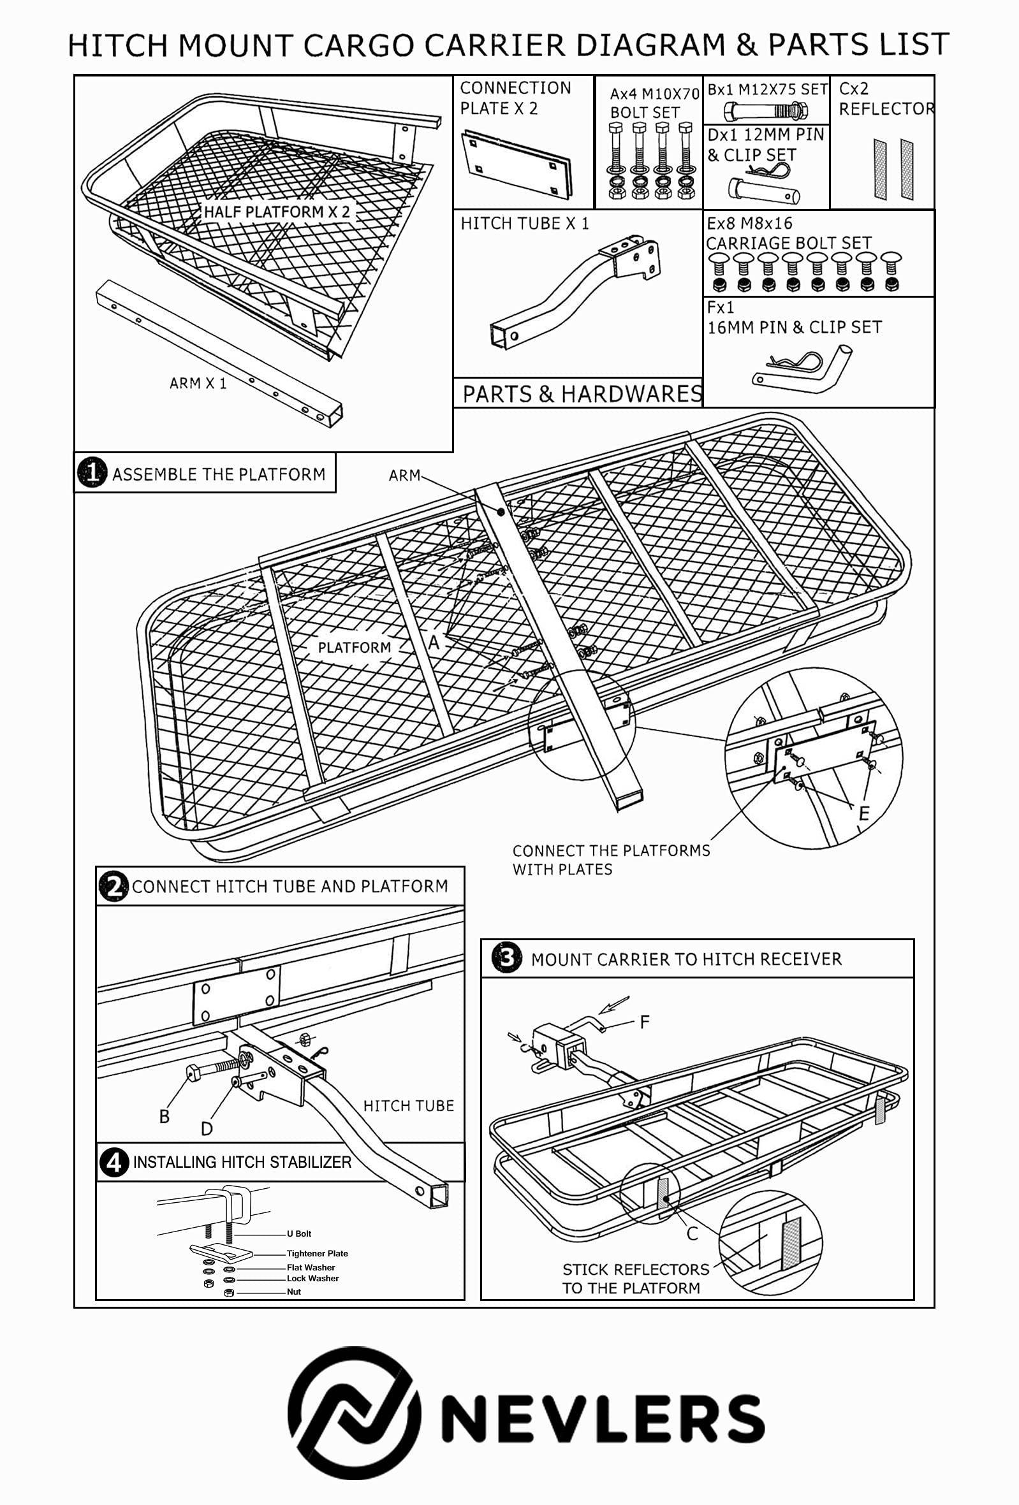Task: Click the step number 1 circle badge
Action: [x=92, y=473]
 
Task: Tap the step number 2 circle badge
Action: [x=113, y=886]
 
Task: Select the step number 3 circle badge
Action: [x=506, y=958]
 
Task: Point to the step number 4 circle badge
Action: [x=114, y=1163]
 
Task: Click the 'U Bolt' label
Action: [x=298, y=1233]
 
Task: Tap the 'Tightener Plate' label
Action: [x=317, y=1253]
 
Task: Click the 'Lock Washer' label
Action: [x=312, y=1278]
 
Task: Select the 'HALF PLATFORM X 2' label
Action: [x=277, y=212]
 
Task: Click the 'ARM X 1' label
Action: [x=198, y=383]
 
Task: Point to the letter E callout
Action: [x=863, y=813]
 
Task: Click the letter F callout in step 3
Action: [x=644, y=1022]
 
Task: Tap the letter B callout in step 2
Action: [x=165, y=1116]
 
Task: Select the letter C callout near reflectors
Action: [x=692, y=1233]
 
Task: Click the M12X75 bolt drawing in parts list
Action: [x=766, y=111]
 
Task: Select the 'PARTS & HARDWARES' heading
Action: [x=582, y=394]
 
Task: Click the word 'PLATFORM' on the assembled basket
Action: [x=355, y=647]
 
